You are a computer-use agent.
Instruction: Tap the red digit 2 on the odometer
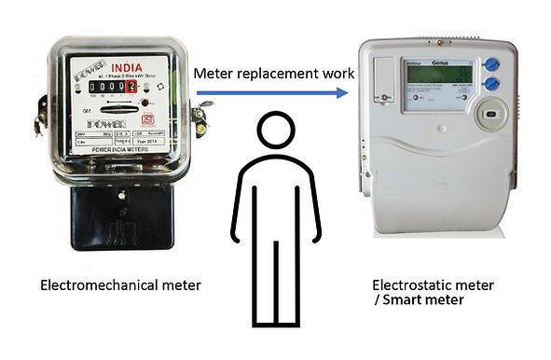[131, 88]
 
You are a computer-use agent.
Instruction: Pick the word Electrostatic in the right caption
[411, 284]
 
